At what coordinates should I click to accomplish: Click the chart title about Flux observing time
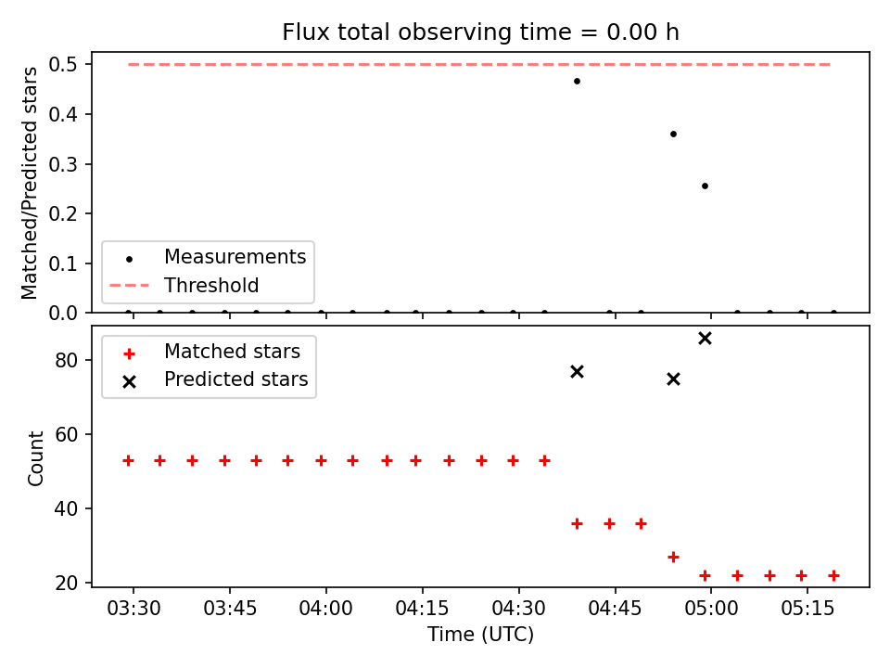[480, 32]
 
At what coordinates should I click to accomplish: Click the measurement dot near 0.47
[577, 81]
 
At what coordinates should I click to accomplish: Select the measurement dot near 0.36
[673, 134]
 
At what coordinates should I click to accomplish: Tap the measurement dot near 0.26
[705, 186]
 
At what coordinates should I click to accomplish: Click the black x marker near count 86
[705, 338]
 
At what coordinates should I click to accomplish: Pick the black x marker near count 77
[577, 371]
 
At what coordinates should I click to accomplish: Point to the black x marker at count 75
[673, 379]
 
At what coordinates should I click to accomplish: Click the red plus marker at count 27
[673, 557]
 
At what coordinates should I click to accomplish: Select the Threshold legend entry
[211, 285]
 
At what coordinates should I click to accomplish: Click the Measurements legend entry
[235, 256]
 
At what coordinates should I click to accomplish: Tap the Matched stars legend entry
[232, 352]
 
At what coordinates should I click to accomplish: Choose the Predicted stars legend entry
[235, 379]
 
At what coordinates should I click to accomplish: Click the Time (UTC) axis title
[480, 635]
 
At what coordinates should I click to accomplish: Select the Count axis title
[36, 457]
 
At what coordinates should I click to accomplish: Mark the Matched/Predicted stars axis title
[30, 183]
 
